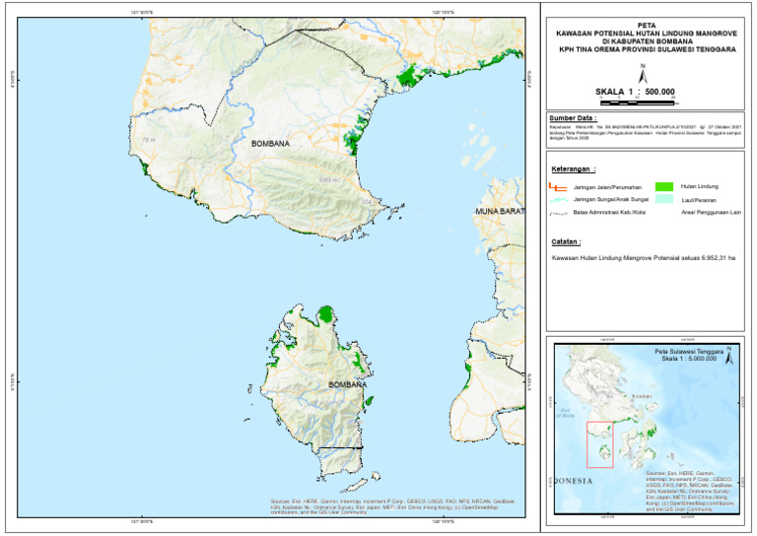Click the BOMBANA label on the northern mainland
[x=270, y=144]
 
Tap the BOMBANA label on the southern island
[x=347, y=384]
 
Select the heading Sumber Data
[x=573, y=117]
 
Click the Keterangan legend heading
[x=573, y=168]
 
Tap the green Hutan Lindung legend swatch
[x=663, y=186]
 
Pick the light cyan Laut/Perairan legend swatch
[x=663, y=199]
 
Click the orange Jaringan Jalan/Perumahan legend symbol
[x=558, y=186]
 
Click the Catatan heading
[x=566, y=240]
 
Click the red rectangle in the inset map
[x=599, y=444]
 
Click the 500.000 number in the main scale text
[x=660, y=91]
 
